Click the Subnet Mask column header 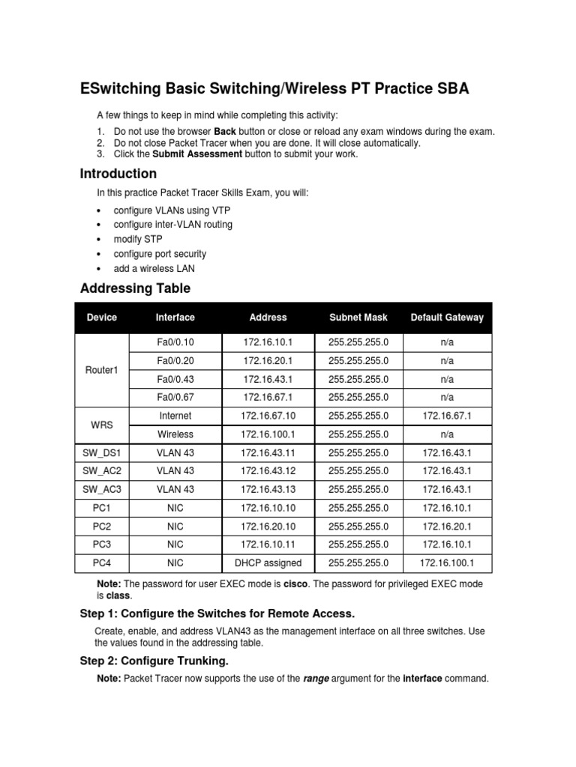(x=358, y=318)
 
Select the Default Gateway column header (x=447, y=318)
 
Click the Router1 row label (x=102, y=370)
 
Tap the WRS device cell (x=102, y=425)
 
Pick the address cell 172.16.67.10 (x=268, y=416)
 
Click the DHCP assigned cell (x=268, y=563)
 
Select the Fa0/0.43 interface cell (x=175, y=379)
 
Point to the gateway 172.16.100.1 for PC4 (x=447, y=563)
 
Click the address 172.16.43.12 (x=268, y=471)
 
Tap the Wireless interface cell (x=175, y=434)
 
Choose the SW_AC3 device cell (x=102, y=490)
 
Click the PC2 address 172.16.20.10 (x=268, y=527)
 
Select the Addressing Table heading (x=135, y=288)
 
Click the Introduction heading (x=118, y=174)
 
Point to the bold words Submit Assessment (x=197, y=154)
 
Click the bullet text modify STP (x=137, y=239)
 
